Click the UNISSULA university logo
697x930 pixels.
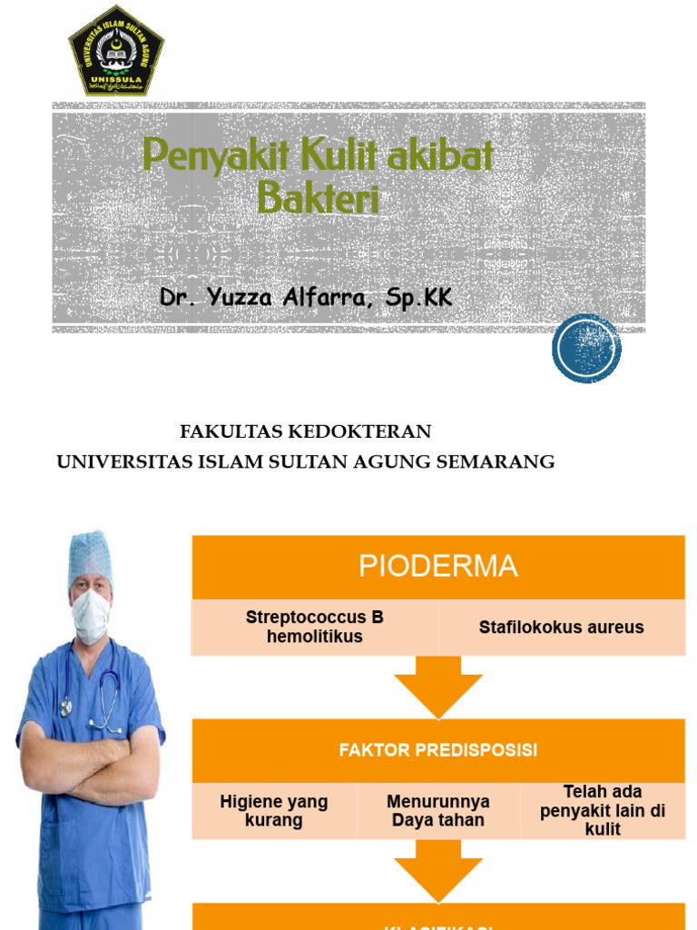click(x=116, y=51)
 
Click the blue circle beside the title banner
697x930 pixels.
click(x=586, y=348)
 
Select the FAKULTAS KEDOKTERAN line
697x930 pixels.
click(x=306, y=431)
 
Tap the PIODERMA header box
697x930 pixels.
click(x=437, y=567)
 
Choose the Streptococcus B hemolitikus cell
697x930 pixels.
click(x=314, y=628)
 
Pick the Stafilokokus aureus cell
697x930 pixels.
click(x=561, y=628)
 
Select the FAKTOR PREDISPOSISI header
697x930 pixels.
click(x=437, y=751)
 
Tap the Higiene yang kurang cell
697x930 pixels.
click(x=273, y=811)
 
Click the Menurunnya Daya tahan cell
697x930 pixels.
click(x=437, y=811)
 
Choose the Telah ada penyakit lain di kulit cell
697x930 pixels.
click(x=603, y=810)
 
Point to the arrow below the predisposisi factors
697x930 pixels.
click(x=438, y=870)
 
